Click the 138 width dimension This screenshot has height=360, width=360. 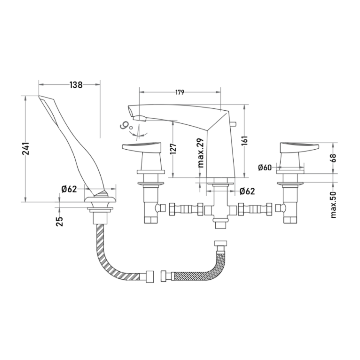[x=76, y=85]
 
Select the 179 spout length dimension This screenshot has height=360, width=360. [x=180, y=92]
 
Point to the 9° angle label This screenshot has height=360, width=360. [x=126, y=126]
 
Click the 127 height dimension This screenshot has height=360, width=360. [x=174, y=149]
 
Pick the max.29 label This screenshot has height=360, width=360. [x=200, y=153]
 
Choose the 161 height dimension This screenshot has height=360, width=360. [x=245, y=141]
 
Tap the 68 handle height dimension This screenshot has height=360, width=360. [x=333, y=158]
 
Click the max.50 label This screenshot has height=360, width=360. [x=333, y=205]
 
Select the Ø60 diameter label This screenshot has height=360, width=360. [x=265, y=167]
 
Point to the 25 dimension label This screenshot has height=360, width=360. [x=59, y=222]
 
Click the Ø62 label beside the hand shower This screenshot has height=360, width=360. [x=69, y=189]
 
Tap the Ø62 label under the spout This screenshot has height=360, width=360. [x=247, y=191]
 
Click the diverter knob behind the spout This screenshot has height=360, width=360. [x=234, y=124]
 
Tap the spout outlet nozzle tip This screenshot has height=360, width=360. [x=140, y=119]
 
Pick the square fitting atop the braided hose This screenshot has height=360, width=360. [x=220, y=243]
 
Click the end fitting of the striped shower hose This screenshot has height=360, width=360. [x=150, y=276]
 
